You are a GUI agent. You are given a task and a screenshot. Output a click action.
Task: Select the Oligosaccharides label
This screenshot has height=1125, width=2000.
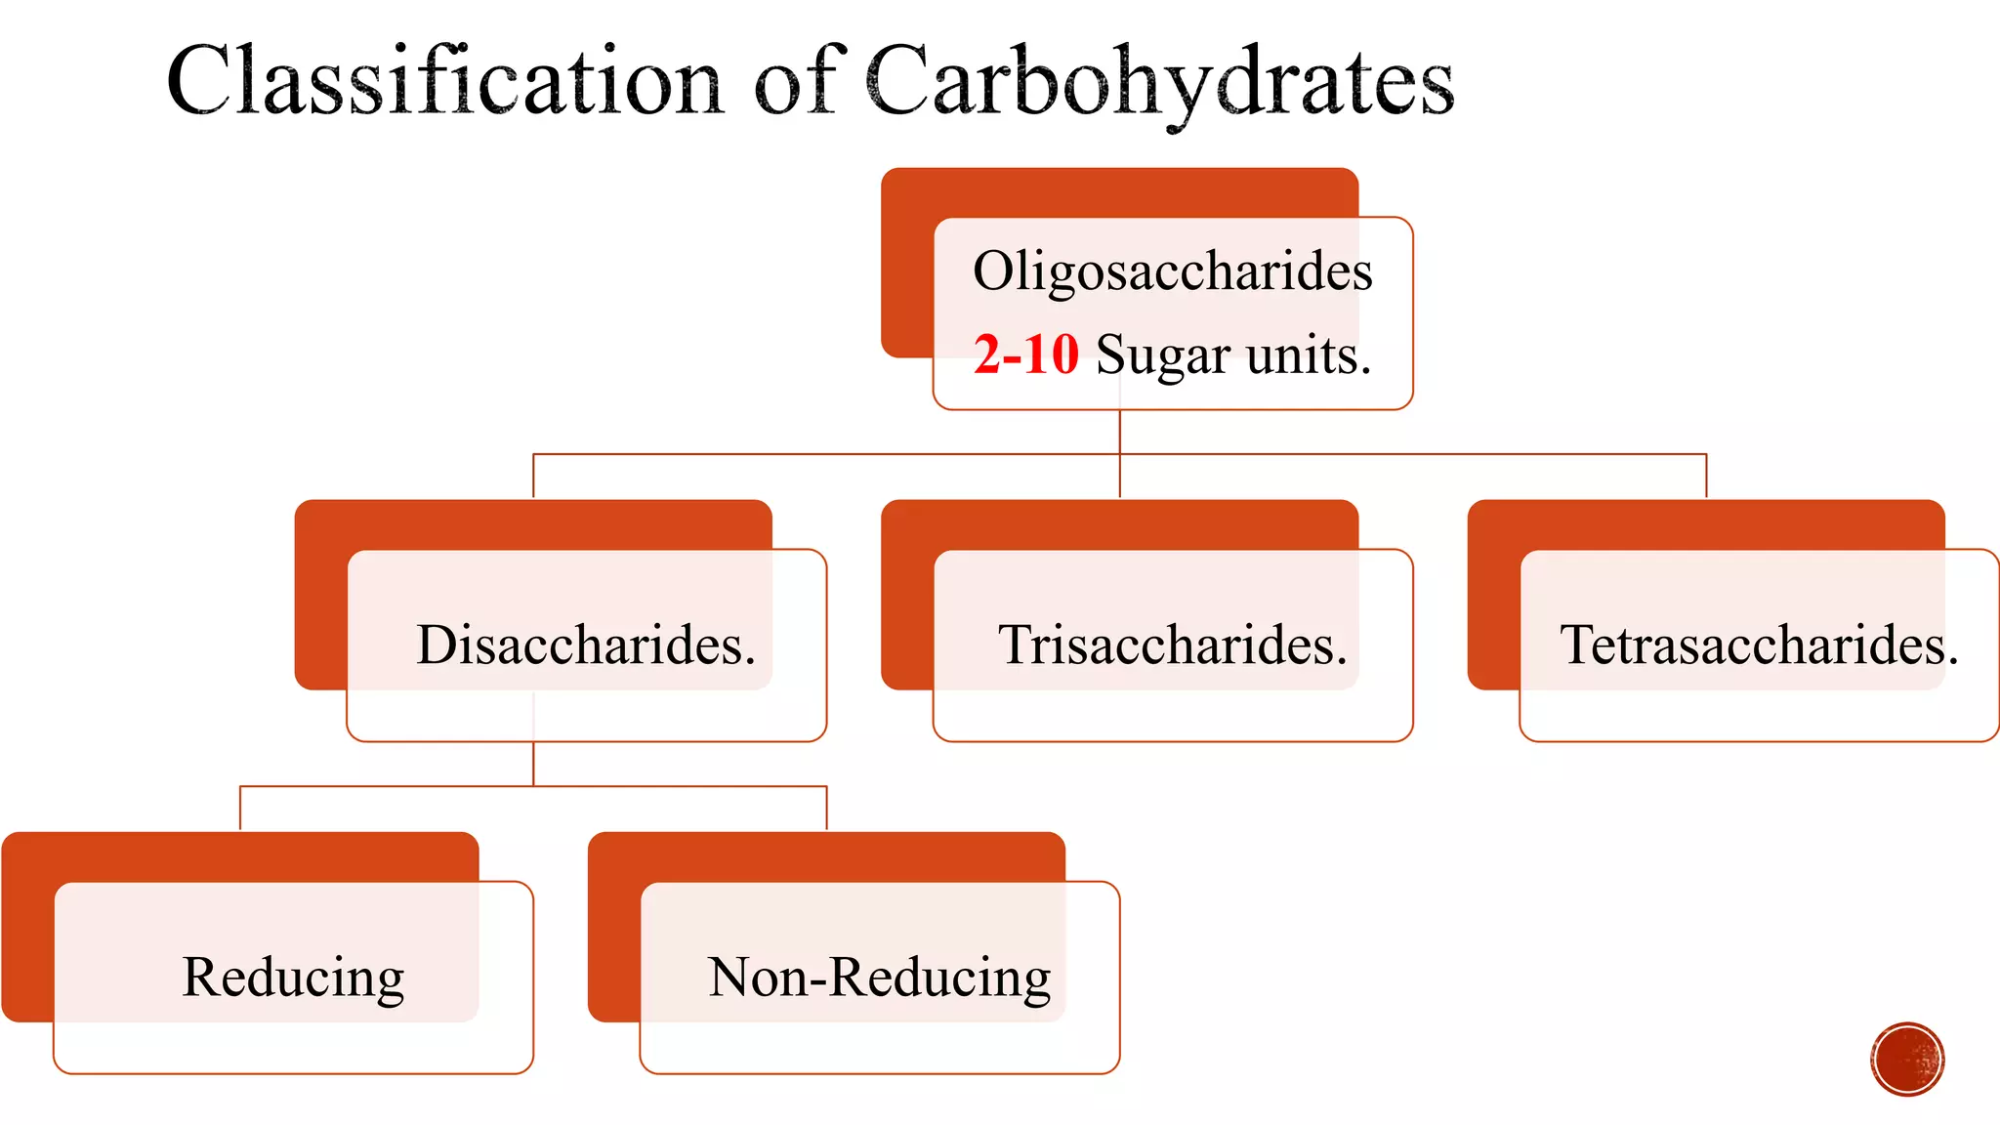1172,271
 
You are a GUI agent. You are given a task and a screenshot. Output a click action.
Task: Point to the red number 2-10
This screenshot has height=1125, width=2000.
1025,354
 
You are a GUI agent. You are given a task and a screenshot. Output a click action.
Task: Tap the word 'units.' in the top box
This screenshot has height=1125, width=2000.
1309,354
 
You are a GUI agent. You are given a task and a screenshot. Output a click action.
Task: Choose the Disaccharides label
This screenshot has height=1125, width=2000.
586,645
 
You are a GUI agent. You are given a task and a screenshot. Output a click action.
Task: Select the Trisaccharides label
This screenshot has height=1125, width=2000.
1172,645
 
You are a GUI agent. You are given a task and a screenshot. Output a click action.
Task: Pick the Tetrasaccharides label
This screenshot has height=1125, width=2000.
1759,645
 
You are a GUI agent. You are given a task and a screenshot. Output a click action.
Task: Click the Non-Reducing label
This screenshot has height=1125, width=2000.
879,977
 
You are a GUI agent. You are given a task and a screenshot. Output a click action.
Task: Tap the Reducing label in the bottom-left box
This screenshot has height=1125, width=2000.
293,977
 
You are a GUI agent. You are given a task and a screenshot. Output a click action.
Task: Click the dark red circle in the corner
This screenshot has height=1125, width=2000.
1907,1060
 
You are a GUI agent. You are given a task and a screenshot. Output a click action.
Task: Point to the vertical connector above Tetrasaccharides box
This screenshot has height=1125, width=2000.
1706,477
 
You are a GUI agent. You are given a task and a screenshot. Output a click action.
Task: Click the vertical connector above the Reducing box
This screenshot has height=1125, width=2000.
240,809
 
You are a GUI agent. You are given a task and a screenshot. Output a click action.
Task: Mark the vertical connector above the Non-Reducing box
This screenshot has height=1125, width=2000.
826,809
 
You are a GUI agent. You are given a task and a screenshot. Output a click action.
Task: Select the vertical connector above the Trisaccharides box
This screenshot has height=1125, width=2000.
1120,477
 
